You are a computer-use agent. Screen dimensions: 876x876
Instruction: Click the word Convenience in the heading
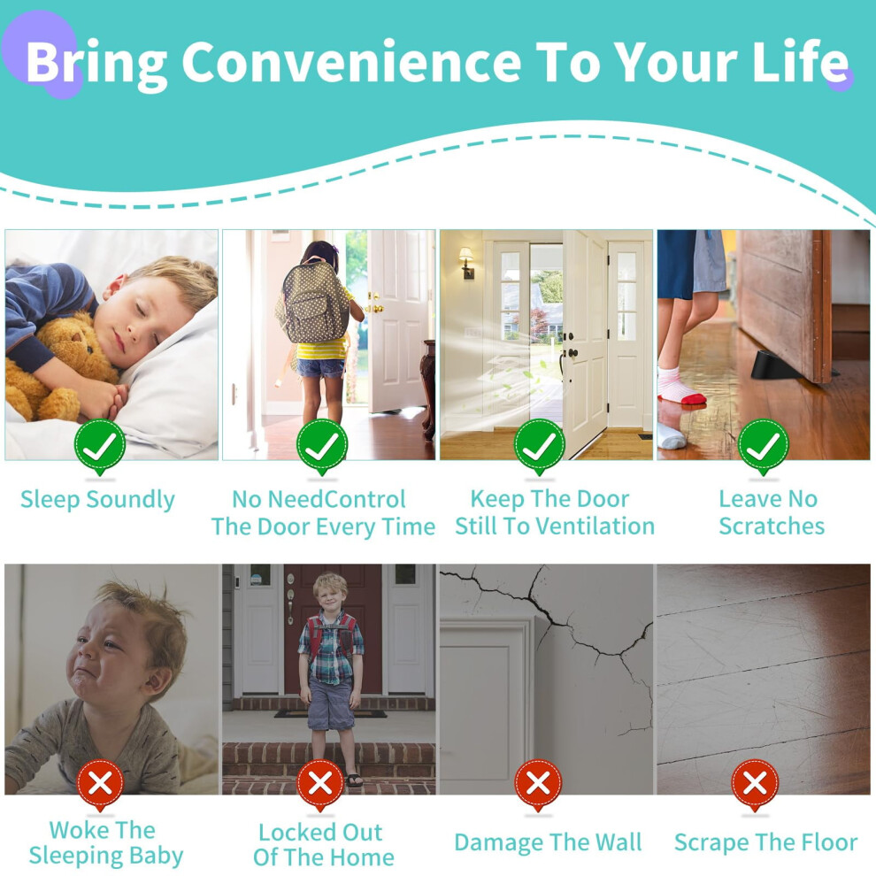pyautogui.click(x=351, y=62)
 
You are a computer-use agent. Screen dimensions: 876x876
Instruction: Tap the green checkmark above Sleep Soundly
pyautogui.click(x=100, y=445)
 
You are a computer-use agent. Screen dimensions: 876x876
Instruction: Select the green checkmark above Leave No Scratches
pyautogui.click(x=763, y=445)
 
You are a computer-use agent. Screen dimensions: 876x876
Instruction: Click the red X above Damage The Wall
pyautogui.click(x=538, y=784)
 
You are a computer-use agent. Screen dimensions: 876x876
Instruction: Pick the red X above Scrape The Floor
pyautogui.click(x=755, y=784)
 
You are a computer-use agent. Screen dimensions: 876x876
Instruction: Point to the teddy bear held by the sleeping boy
pyautogui.click(x=58, y=369)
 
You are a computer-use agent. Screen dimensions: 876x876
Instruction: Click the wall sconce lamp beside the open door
pyautogui.click(x=466, y=263)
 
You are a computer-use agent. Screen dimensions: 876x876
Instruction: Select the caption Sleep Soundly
pyautogui.click(x=97, y=499)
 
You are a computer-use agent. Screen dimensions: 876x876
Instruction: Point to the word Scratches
pyautogui.click(x=772, y=526)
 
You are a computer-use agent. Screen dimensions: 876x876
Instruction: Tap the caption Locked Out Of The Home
pyautogui.click(x=324, y=844)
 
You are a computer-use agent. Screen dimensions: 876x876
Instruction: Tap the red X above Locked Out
pyautogui.click(x=320, y=784)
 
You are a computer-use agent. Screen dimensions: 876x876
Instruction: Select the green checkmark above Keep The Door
pyautogui.click(x=539, y=445)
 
